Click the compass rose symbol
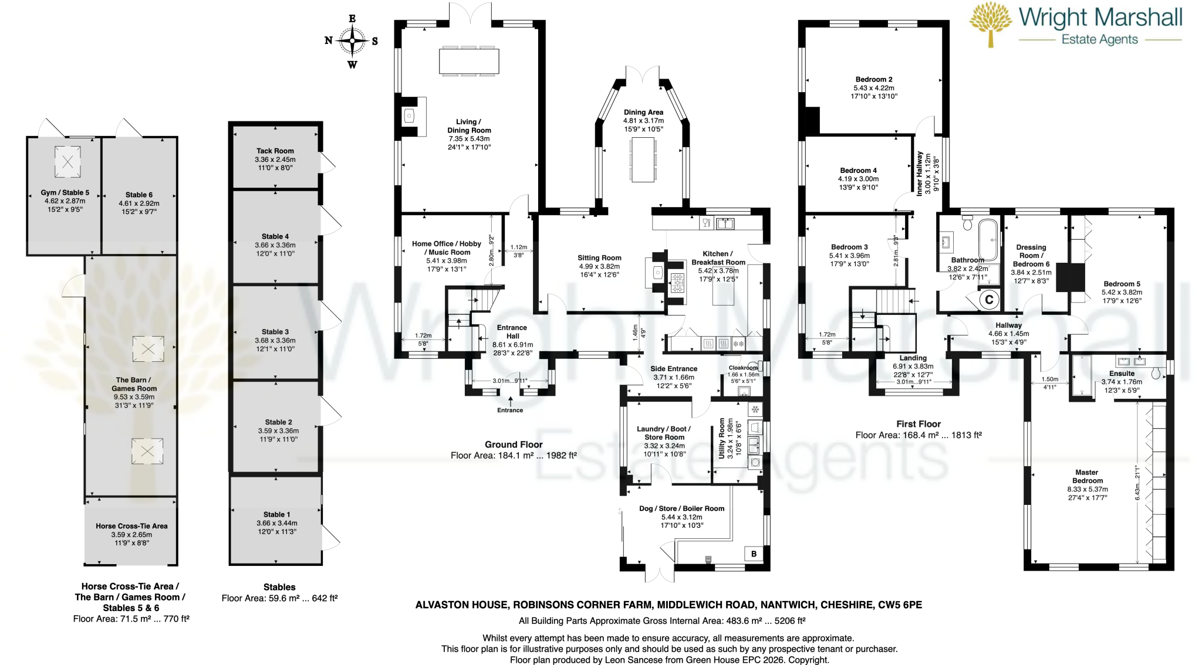(352, 41)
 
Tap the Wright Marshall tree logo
(991, 23)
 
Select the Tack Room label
(275, 151)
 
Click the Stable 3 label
(275, 331)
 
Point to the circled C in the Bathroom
(989, 300)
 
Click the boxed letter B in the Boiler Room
(754, 554)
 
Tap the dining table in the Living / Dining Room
(469, 61)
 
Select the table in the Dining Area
(643, 160)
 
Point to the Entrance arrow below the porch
(511, 402)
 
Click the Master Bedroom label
(1087, 476)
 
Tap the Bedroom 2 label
(874, 79)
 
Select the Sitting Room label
(599, 257)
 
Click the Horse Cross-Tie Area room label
(131, 526)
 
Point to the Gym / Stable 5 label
(65, 192)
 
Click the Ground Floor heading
(514, 445)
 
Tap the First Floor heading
(919, 424)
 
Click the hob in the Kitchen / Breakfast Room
(677, 283)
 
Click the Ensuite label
(1122, 374)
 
